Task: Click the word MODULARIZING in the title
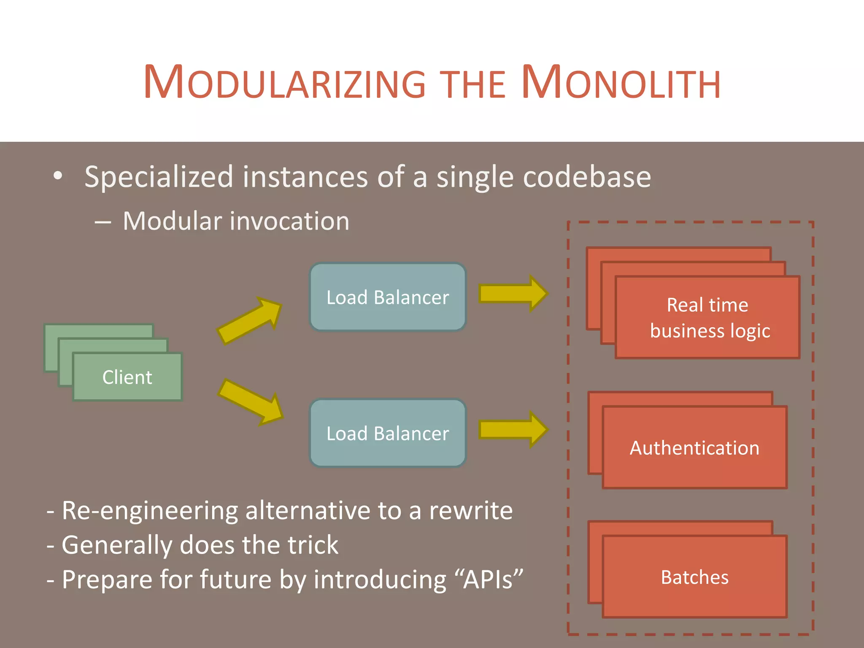click(x=285, y=82)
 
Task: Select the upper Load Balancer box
click(x=388, y=297)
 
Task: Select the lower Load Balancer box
click(x=388, y=433)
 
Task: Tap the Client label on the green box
click(x=127, y=377)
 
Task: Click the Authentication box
click(x=694, y=448)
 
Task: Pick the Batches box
click(x=694, y=577)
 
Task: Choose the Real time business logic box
click(x=708, y=317)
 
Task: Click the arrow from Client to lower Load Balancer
click(x=251, y=402)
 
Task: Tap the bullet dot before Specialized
click(x=58, y=176)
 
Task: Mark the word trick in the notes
click(x=313, y=545)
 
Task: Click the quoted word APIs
click(x=489, y=580)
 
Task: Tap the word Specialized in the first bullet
click(x=159, y=177)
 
